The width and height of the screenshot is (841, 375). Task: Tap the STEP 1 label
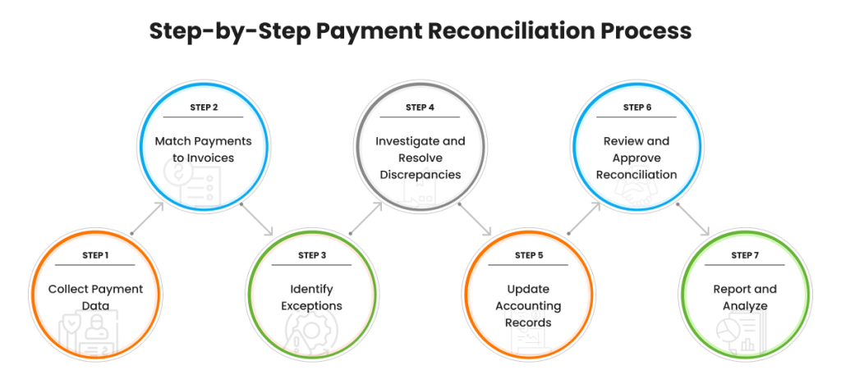click(95, 255)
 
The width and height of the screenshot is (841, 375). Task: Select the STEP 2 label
click(204, 107)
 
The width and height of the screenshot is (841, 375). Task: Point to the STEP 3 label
click(312, 255)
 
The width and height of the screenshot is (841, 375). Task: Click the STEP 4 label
click(420, 107)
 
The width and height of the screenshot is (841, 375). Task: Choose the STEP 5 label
click(529, 255)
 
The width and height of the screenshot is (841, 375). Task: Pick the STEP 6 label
click(637, 107)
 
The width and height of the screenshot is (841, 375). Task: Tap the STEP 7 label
click(745, 255)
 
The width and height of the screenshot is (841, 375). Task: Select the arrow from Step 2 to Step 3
click(257, 219)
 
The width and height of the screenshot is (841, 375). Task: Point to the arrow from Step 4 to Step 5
click(474, 219)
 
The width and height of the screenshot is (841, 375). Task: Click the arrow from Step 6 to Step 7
click(692, 219)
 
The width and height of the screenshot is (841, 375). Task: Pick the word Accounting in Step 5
click(528, 306)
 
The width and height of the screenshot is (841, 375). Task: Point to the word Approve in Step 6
click(636, 158)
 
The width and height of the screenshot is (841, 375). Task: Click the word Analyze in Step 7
click(745, 306)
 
